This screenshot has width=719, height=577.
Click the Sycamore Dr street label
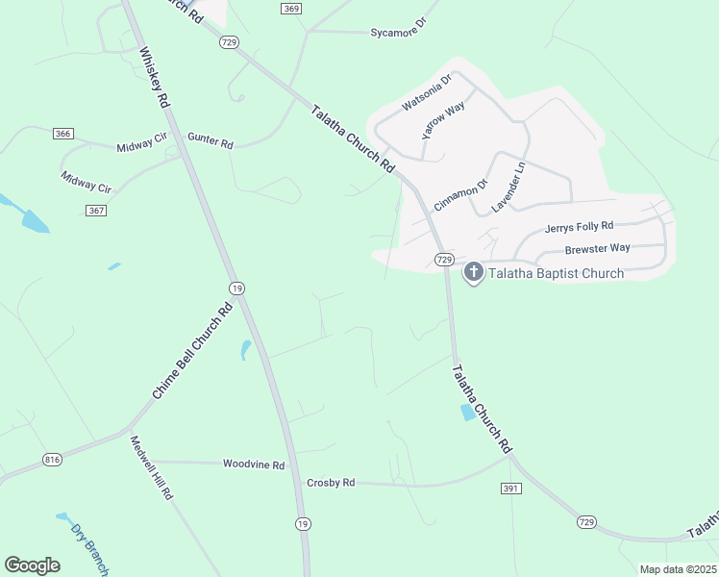(398, 33)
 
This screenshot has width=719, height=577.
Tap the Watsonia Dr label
(426, 90)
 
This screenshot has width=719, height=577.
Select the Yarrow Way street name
(444, 119)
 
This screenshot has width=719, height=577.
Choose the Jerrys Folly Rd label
(579, 227)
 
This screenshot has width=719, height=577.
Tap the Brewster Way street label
(597, 248)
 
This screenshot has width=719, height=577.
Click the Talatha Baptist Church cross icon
(473, 273)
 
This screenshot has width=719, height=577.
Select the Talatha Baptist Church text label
(556, 273)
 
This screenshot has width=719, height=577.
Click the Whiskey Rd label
(154, 77)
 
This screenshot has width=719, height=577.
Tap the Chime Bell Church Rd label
(193, 351)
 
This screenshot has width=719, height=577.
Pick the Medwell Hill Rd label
(151, 467)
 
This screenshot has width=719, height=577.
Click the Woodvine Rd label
(254, 464)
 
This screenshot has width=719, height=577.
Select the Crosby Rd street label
(331, 482)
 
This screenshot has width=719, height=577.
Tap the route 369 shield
(292, 9)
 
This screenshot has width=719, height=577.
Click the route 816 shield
(52, 461)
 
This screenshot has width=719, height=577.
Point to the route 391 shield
(510, 489)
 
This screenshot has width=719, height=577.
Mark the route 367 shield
(95, 211)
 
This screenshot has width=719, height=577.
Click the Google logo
(33, 565)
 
